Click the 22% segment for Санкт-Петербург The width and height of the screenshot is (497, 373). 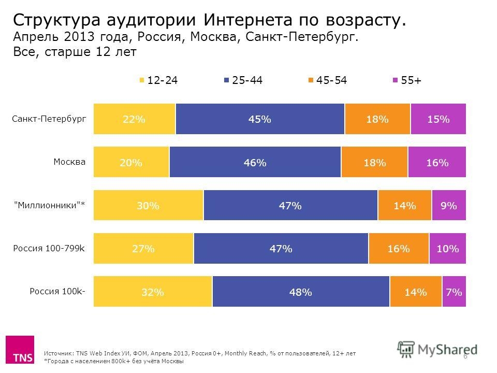tap(134, 119)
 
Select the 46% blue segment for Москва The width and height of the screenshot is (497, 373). tap(255, 163)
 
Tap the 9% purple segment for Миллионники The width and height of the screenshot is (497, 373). tap(448, 206)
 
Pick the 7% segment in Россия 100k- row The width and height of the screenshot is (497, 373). tap(454, 292)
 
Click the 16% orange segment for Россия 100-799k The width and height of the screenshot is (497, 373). tap(399, 249)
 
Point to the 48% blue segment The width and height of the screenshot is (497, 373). tap(301, 292)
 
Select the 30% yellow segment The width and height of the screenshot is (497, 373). tap(148, 206)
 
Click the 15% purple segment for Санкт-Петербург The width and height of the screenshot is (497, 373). tap(438, 119)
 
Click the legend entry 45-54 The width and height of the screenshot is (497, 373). tap(327, 80)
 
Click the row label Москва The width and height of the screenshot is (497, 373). tap(70, 162)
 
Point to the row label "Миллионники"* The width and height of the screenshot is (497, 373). tap(49, 205)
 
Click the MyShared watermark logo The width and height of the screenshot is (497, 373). tap(437, 349)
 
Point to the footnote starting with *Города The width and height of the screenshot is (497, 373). tap(114, 361)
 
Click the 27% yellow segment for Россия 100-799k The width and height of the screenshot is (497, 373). tap(143, 249)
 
